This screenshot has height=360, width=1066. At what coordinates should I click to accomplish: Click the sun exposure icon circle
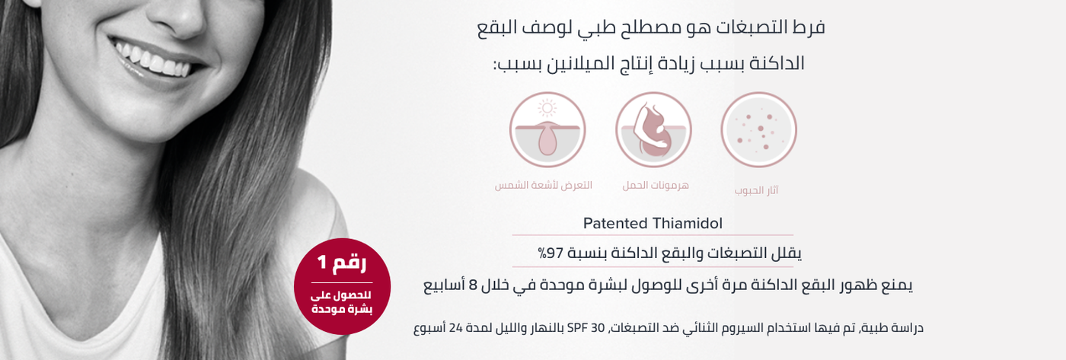click(547, 130)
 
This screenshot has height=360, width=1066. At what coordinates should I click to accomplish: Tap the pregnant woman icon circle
click(653, 130)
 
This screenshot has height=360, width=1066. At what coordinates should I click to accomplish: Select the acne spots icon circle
click(758, 130)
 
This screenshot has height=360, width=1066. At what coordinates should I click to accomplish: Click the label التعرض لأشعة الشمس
click(544, 185)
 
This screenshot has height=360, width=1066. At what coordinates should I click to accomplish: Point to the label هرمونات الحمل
click(656, 185)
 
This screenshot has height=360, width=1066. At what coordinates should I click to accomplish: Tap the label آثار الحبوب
click(756, 190)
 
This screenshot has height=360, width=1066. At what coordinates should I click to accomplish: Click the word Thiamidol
click(687, 223)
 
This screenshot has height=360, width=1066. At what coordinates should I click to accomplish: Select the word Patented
click(615, 223)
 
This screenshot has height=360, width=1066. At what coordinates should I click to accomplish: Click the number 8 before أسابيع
click(473, 285)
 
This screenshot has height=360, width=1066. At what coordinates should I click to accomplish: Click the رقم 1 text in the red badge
click(342, 263)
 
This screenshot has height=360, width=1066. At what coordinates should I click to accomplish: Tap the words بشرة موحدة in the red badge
click(342, 309)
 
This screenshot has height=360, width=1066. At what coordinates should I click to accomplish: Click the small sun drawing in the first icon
click(547, 108)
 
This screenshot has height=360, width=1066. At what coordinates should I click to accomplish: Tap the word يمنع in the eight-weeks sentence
click(896, 285)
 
